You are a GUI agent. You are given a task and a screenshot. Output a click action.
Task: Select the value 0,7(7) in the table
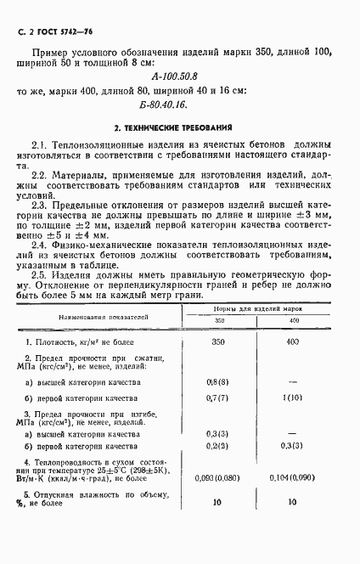(218, 398)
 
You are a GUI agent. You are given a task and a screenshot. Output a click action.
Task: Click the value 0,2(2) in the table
(218, 446)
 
